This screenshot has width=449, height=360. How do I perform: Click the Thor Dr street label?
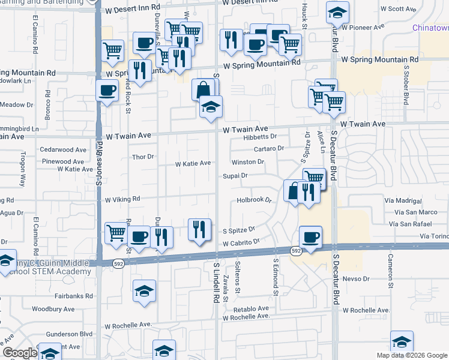click(x=143, y=157)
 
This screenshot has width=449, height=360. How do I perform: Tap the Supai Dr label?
click(x=236, y=176)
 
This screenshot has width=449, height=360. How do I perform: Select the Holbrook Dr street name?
click(x=254, y=200)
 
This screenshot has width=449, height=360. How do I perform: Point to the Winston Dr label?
click(x=248, y=162)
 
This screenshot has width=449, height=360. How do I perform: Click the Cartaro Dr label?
click(x=268, y=148)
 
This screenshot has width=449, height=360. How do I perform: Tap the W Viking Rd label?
click(x=122, y=199)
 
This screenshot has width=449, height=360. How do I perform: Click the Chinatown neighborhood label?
click(x=431, y=28)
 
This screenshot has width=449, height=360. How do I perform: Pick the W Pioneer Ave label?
click(x=363, y=28)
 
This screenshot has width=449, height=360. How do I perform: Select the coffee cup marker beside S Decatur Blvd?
click(x=310, y=237)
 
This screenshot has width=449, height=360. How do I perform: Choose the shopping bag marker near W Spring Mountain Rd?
click(x=203, y=90)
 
